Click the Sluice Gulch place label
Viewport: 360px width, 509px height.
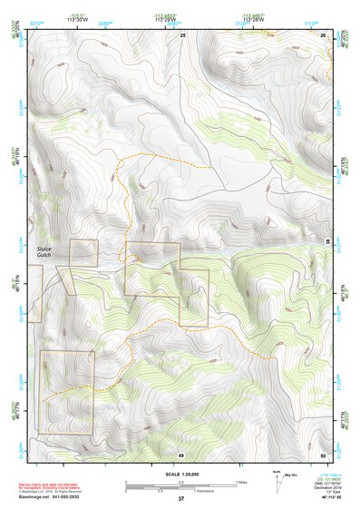pyautogui.click(x=46, y=252)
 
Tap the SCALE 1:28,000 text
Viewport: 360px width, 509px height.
pyautogui.click(x=179, y=473)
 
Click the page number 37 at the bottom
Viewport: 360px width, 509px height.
pyautogui.click(x=180, y=498)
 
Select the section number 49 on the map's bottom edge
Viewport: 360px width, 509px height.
pyautogui.click(x=180, y=455)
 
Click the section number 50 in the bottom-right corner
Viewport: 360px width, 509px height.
pyautogui.click(x=323, y=455)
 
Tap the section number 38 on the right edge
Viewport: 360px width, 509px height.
pyautogui.click(x=327, y=239)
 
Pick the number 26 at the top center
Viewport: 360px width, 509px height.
pyautogui.click(x=181, y=34)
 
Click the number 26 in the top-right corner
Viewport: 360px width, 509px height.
pyautogui.click(x=323, y=34)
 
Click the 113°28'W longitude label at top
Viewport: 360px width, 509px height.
pyautogui.click(x=258, y=20)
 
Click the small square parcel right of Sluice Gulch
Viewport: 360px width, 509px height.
pyautogui.click(x=83, y=252)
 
